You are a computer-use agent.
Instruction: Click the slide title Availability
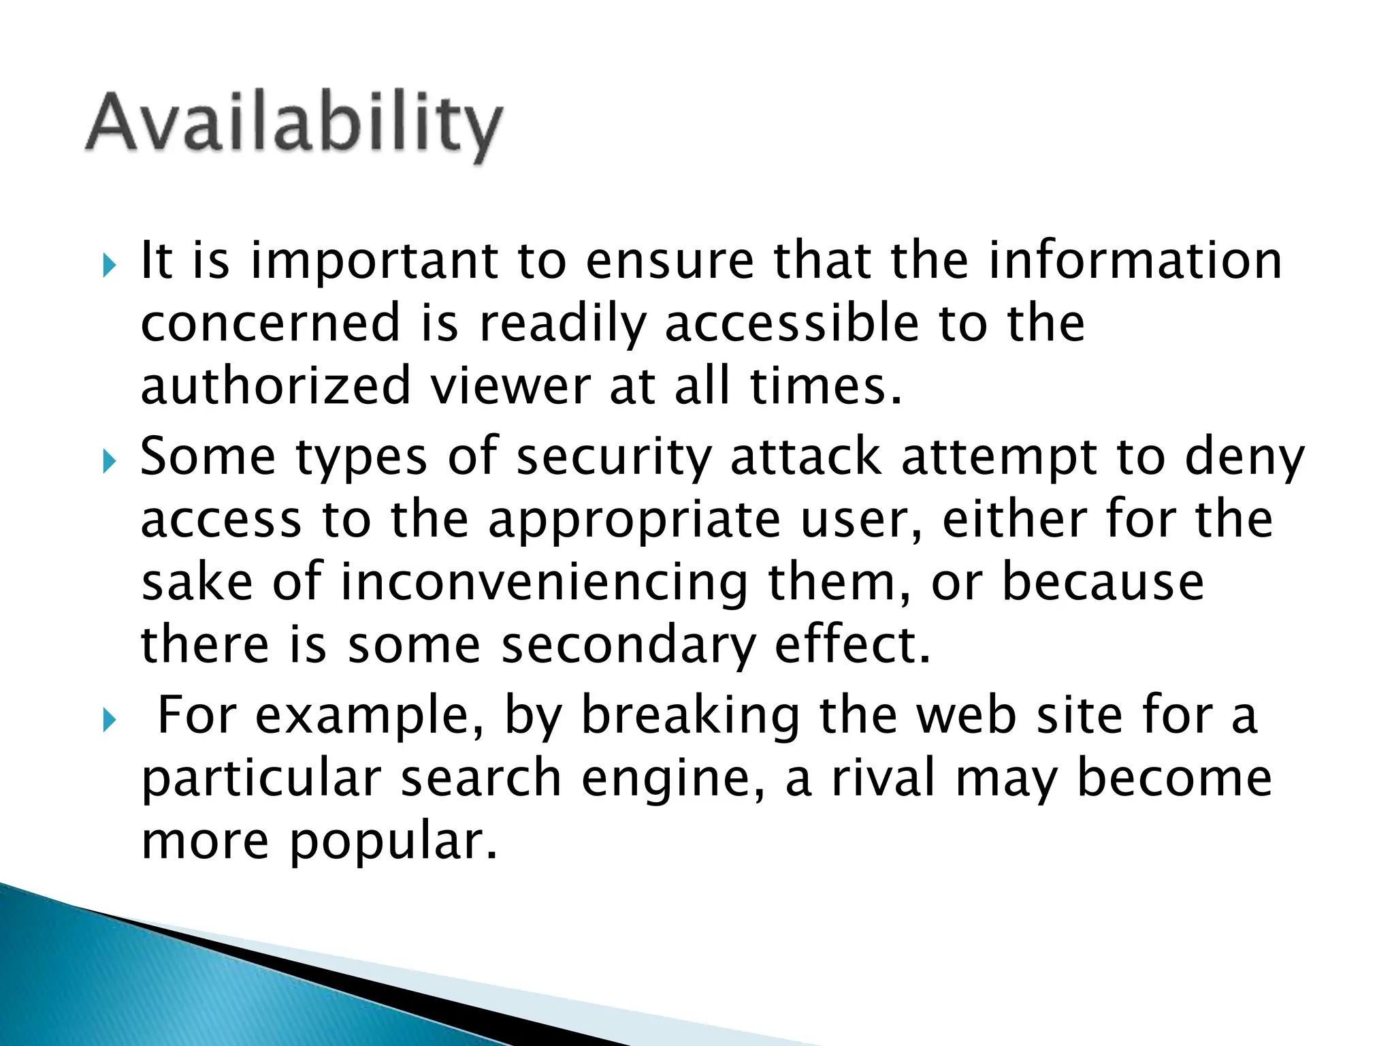coord(294,124)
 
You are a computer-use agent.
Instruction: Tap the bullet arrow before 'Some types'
coord(109,462)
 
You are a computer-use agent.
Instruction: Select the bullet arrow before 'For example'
coord(109,720)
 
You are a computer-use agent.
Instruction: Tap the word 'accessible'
coord(792,323)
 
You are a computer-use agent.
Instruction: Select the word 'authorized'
coord(276,386)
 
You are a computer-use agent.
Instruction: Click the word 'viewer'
coord(510,386)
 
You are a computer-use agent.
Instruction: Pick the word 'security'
coord(614,458)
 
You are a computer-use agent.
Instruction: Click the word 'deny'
coord(1244,458)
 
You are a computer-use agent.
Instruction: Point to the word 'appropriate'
coord(634,521)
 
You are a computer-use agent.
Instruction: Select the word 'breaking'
coord(691,716)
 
